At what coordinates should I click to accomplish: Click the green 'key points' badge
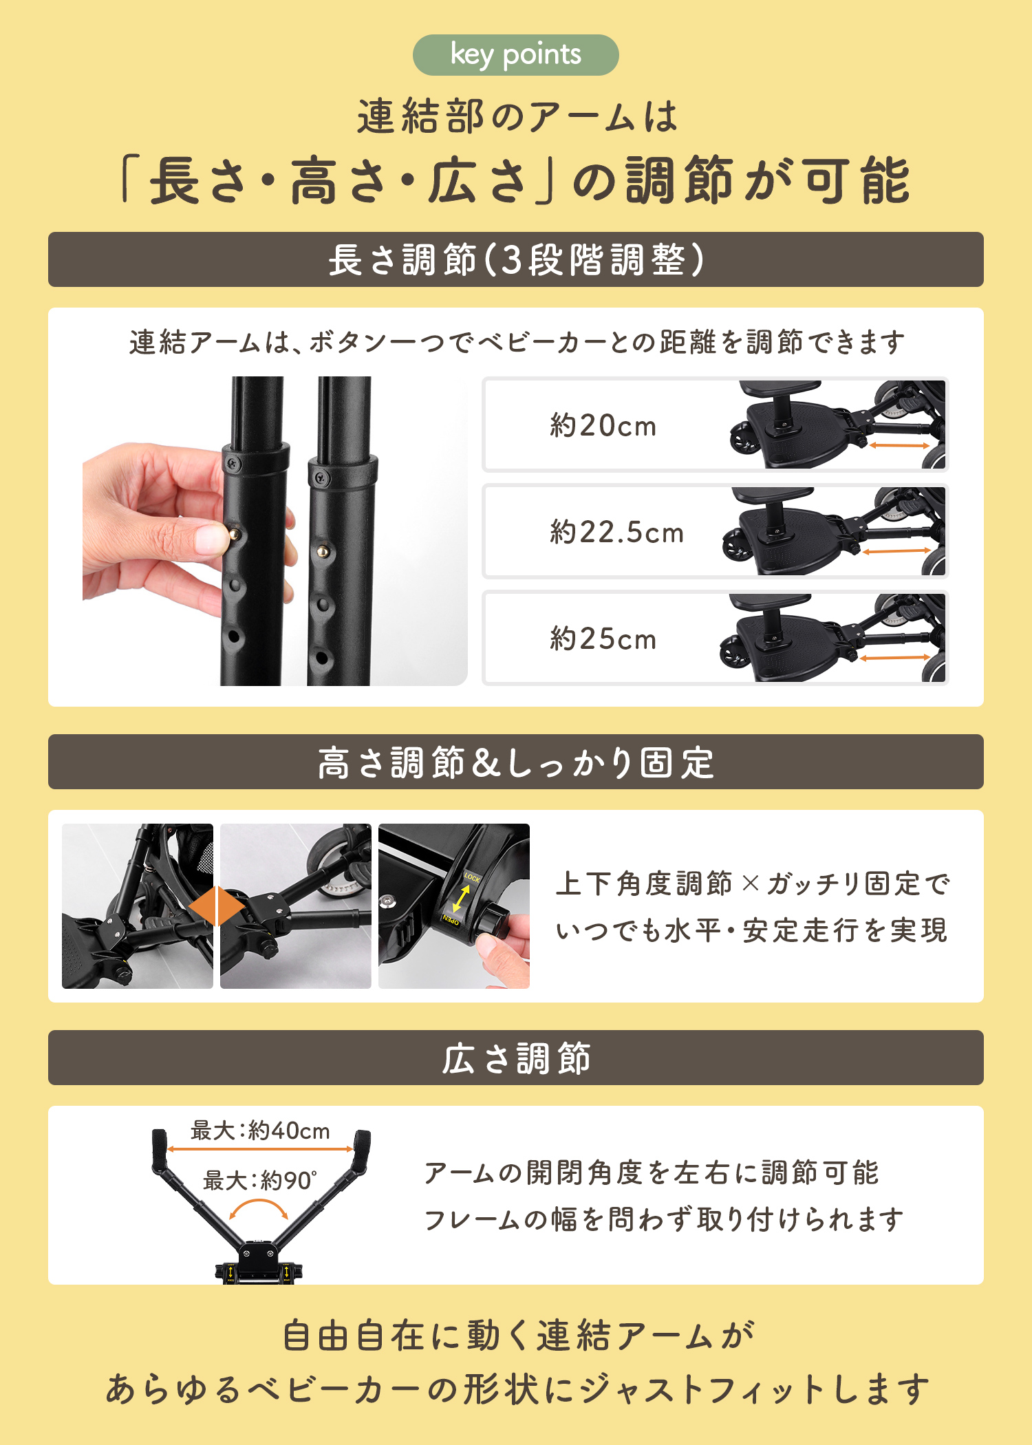tap(515, 55)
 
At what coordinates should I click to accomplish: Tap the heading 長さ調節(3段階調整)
tap(516, 260)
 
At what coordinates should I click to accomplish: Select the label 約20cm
tap(603, 426)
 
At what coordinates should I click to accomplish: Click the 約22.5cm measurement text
tap(617, 533)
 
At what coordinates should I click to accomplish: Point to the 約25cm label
tap(603, 639)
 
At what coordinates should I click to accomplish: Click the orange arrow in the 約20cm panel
tap(899, 445)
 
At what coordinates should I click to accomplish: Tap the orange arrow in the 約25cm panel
tap(895, 658)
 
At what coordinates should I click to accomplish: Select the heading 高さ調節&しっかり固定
tap(516, 762)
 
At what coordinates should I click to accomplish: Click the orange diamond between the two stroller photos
tap(217, 906)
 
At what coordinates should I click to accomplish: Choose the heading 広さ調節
tap(516, 1058)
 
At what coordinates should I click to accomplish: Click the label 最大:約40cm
tap(260, 1131)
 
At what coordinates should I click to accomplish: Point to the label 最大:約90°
tap(260, 1181)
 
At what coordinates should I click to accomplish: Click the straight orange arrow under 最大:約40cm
tap(260, 1149)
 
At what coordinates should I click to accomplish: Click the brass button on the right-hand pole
tap(323, 551)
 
